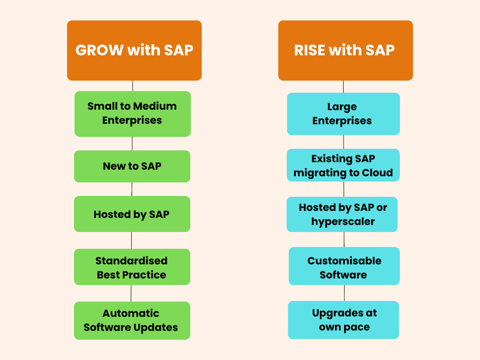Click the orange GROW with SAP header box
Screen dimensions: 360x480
(134, 50)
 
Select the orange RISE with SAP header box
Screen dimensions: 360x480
(345, 50)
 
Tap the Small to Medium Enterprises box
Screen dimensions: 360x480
(132, 113)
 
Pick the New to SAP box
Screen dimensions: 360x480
(132, 166)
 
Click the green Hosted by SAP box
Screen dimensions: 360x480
(132, 214)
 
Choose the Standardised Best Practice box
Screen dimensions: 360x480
(132, 267)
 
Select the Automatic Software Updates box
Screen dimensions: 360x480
(132, 320)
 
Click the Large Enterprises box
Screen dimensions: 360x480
(343, 114)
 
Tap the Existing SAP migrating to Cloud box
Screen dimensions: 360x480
(343, 165)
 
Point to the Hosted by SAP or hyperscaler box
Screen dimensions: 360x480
(342, 214)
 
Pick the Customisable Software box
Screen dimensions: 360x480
(344, 267)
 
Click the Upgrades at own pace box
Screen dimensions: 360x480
(344, 320)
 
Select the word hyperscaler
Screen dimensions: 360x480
(343, 221)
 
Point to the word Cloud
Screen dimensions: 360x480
(377, 172)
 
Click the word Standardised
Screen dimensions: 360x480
(131, 261)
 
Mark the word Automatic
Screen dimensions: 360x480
(131, 313)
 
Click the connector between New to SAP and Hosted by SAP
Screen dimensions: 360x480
(132, 189)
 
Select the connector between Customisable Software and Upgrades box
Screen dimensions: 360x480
(344, 293)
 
